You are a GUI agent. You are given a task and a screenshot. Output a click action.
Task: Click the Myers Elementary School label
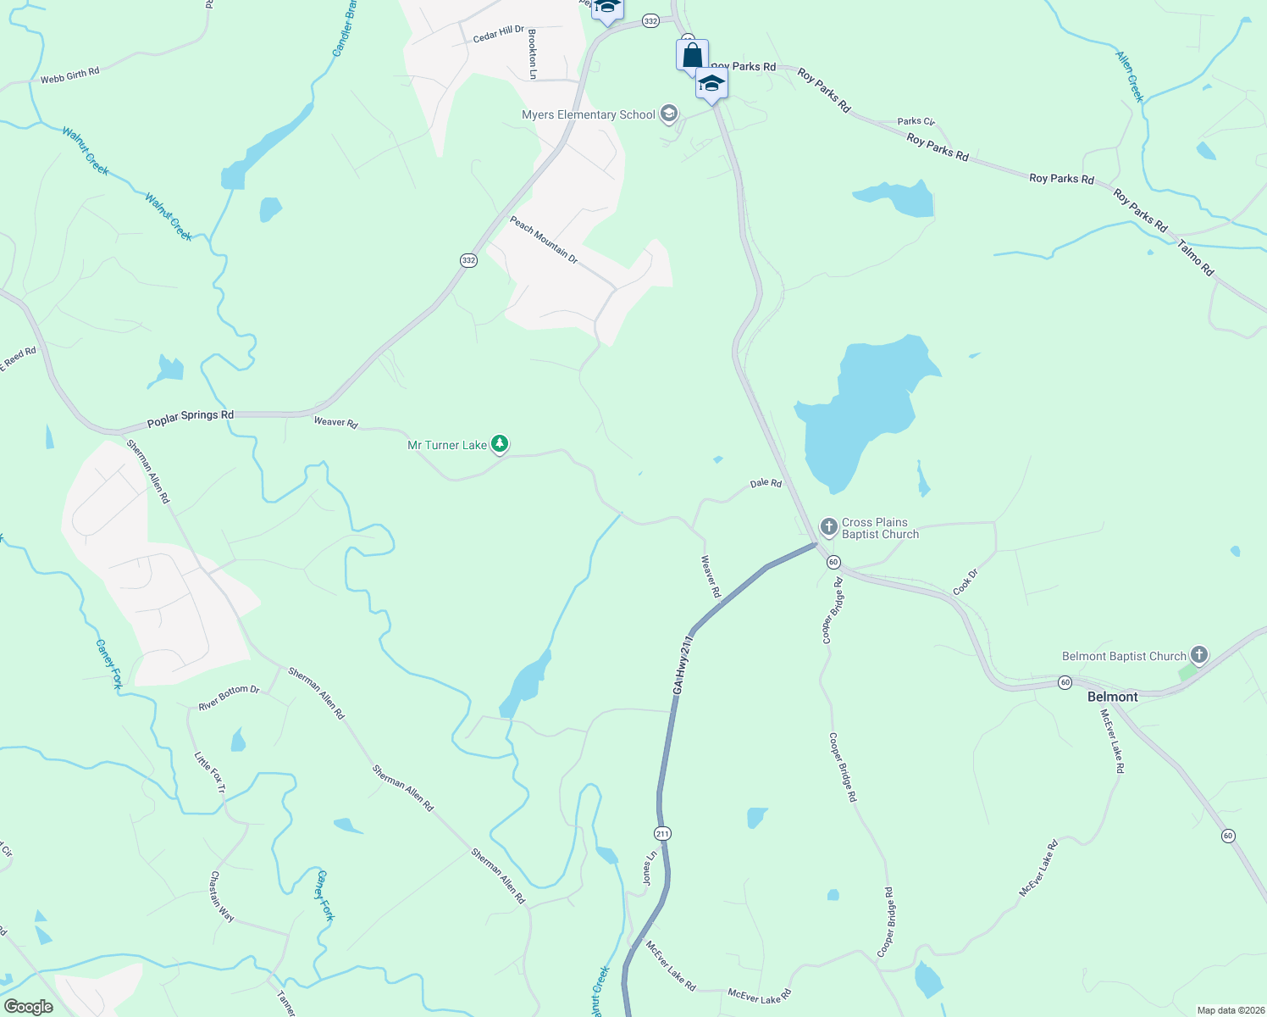point(589,114)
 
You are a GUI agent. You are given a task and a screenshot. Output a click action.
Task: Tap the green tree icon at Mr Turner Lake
point(500,443)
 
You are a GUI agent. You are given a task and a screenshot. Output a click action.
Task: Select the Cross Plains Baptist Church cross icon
point(828,526)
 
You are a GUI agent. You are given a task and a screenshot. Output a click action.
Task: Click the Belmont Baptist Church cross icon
point(1198,654)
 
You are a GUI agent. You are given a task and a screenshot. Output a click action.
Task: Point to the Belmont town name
point(1112,697)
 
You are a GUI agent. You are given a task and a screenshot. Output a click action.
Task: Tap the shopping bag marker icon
point(692,56)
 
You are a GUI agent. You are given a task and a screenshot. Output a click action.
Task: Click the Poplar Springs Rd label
point(191,417)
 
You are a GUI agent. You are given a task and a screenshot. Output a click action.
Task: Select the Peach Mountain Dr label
point(544,240)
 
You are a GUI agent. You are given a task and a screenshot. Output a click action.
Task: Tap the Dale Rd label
point(766,483)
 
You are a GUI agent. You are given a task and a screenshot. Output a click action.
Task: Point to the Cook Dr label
point(965,581)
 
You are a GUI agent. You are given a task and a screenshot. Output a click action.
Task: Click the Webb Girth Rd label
point(69,75)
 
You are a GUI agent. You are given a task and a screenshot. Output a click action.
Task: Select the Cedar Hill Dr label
point(498,34)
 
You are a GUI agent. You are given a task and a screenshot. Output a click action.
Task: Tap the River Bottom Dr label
point(229,697)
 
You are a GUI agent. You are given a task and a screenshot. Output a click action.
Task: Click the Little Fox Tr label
point(210,772)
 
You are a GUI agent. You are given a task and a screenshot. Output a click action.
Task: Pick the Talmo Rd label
point(1196,258)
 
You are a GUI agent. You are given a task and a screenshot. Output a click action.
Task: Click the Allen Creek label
point(1130,77)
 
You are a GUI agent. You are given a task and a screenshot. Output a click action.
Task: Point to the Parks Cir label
point(916,121)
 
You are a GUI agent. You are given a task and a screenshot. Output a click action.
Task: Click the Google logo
point(28,1007)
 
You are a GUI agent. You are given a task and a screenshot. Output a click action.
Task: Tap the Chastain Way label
point(222,897)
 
